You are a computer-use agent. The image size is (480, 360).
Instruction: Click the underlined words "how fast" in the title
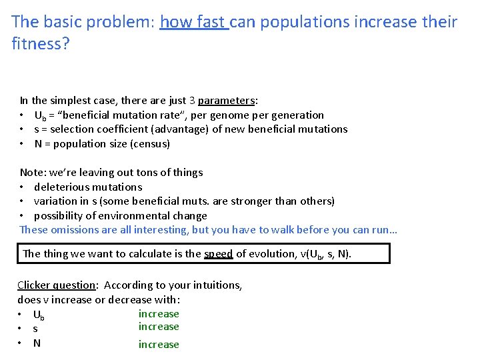click(194, 22)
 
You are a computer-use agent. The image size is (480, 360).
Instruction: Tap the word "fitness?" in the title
click(41, 45)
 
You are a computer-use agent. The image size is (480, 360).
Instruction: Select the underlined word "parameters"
click(226, 101)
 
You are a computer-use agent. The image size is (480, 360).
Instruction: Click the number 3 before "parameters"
click(192, 101)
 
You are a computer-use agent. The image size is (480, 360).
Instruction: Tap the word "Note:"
click(33, 173)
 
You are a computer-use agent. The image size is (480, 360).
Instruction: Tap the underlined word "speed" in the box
click(218, 254)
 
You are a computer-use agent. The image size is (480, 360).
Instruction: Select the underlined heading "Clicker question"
click(57, 285)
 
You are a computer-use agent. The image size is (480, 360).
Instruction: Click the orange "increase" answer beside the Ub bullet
click(159, 314)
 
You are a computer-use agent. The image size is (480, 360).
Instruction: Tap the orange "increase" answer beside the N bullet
click(159, 345)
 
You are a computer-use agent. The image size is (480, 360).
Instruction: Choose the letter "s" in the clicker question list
click(35, 329)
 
